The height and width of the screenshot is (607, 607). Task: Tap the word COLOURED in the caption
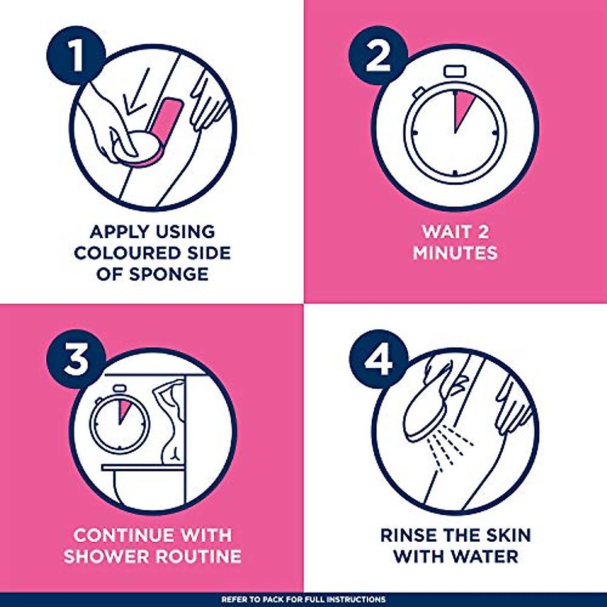(x=129, y=253)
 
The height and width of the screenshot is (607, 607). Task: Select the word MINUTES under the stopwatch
(x=455, y=253)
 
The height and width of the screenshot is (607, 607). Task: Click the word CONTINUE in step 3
(x=120, y=535)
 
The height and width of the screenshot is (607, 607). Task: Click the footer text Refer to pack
(x=303, y=599)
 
